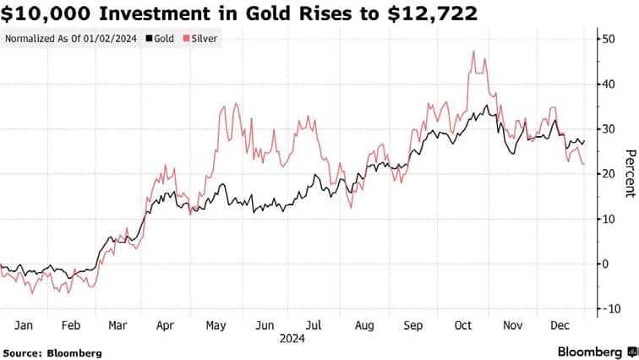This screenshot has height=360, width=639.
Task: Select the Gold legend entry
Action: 160,39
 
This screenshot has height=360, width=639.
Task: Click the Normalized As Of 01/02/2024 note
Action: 71,39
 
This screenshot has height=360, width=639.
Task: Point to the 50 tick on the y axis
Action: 606,39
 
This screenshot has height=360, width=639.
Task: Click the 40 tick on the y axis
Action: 606,84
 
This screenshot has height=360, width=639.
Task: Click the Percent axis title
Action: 629,173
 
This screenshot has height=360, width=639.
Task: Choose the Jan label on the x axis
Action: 24,325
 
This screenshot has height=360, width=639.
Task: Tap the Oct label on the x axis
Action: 463,325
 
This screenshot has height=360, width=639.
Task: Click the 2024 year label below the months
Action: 292,338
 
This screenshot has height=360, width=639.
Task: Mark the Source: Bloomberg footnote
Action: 52,352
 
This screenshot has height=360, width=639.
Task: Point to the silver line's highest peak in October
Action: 473,52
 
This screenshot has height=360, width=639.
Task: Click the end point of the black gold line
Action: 584,141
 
